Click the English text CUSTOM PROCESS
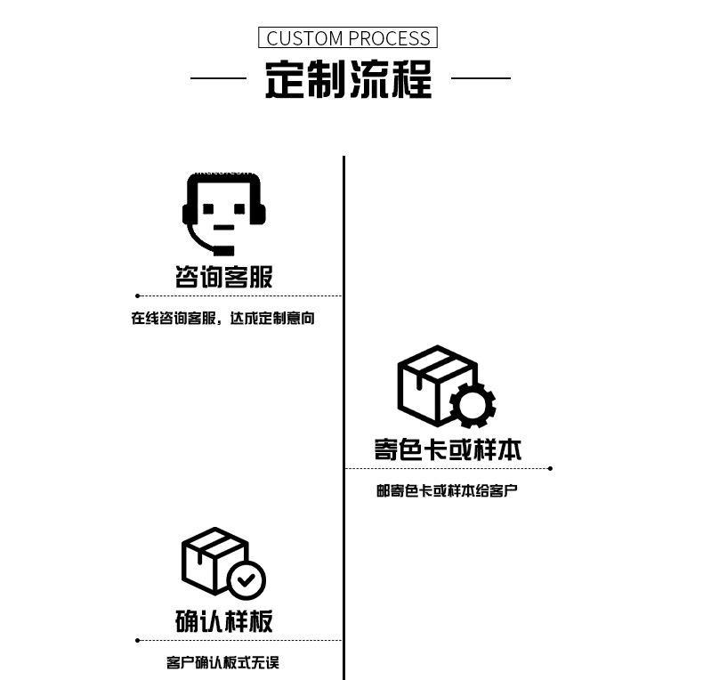pos(348,38)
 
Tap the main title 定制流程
pos(348,79)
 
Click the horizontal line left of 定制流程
pos(218,78)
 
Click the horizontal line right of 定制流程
pos(481,78)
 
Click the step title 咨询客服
pos(223,277)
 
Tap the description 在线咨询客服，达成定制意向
pos(223,318)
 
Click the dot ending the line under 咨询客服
pos(137,295)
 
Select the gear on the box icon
pos(472,405)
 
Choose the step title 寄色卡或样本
pos(448,449)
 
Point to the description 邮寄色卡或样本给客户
pos(447,490)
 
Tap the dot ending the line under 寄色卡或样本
pos(550,468)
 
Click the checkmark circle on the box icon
pos(246,581)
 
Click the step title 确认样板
pos(223,620)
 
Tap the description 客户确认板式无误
pos(223,662)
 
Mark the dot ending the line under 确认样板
pos(137,640)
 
